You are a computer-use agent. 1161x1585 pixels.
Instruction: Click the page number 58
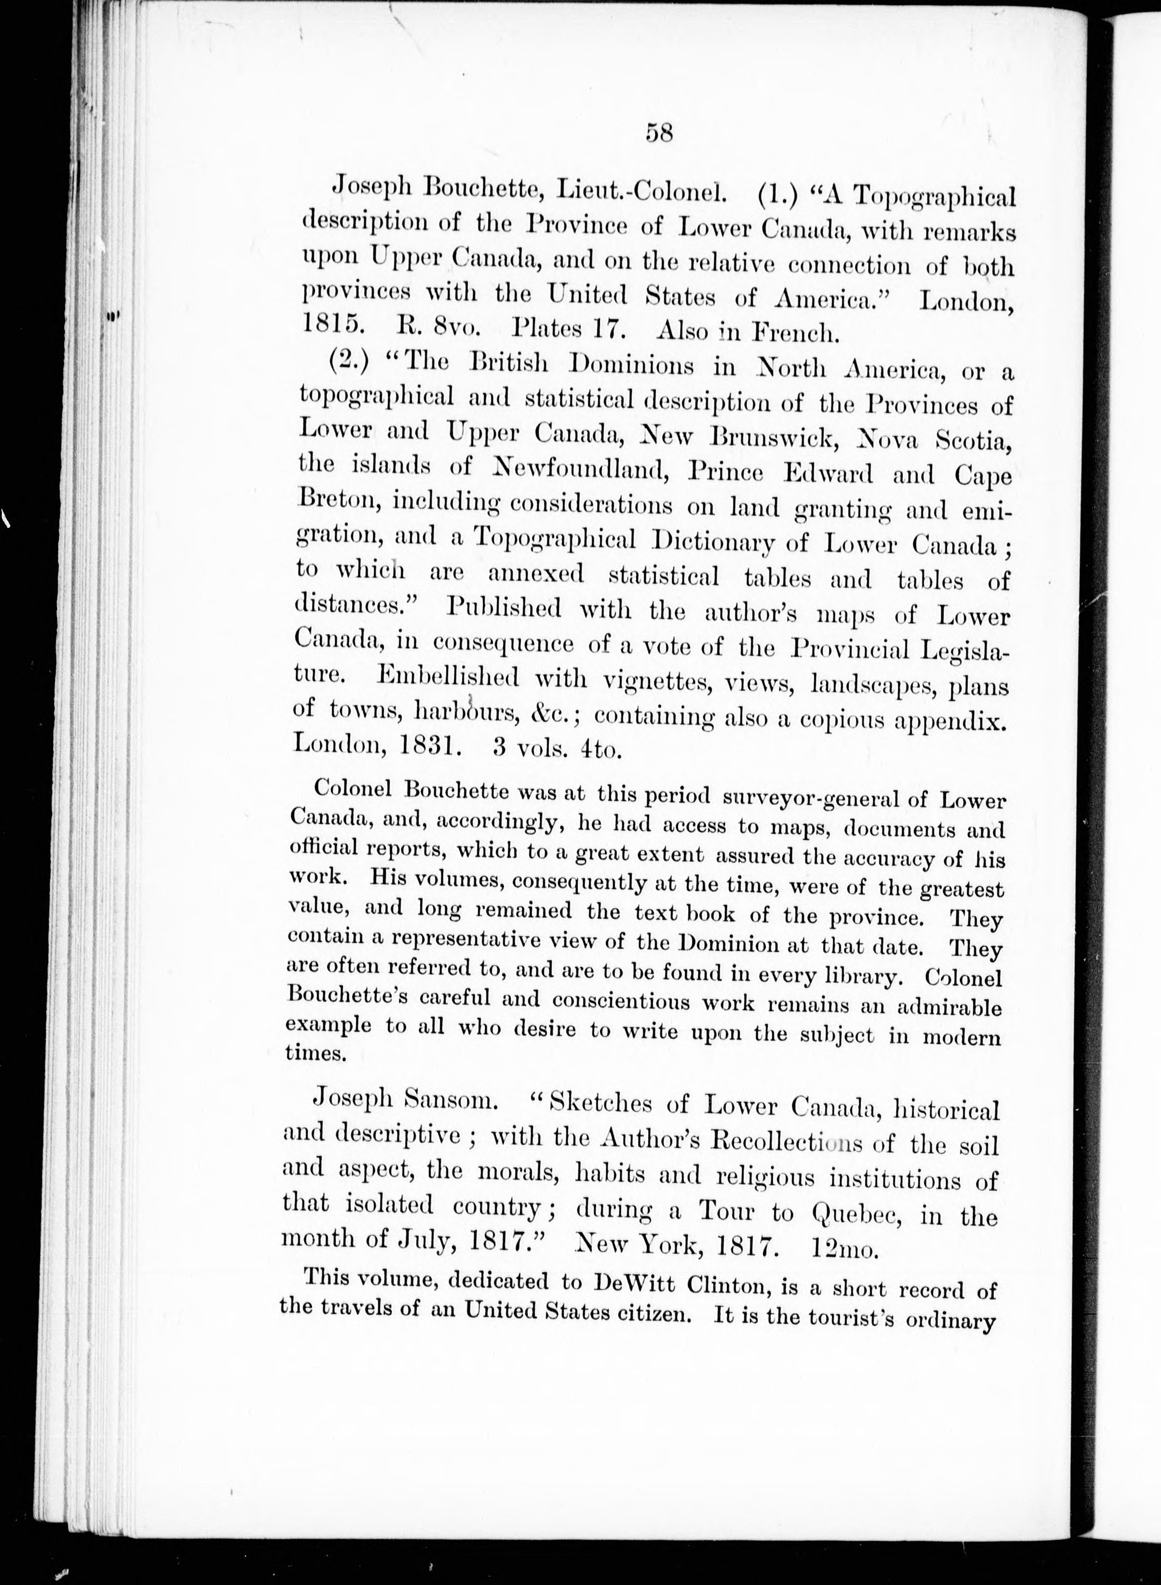[x=659, y=133]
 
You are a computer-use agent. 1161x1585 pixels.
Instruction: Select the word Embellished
[x=448, y=677]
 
